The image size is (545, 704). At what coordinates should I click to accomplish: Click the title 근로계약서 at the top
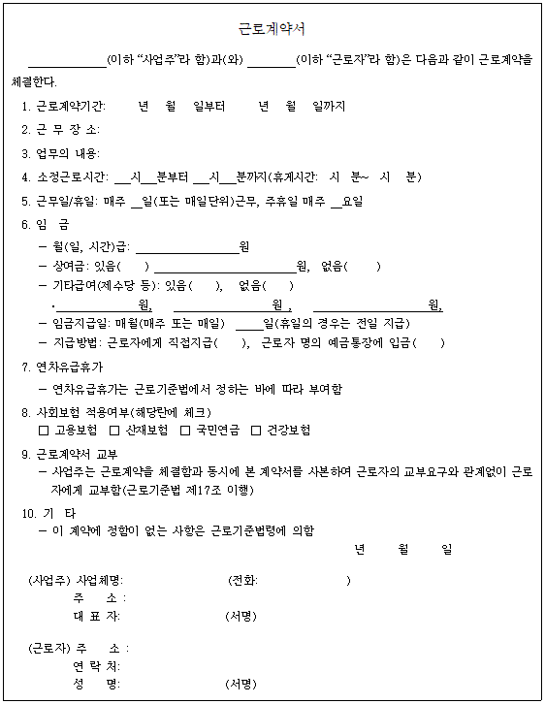coord(272,28)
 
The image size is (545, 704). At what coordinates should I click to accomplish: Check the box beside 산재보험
coord(114,430)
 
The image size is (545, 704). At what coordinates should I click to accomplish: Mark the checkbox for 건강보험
coord(256,430)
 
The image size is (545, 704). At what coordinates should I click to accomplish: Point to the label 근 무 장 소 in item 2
coord(67,129)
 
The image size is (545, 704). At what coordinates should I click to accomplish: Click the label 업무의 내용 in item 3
coord(67,153)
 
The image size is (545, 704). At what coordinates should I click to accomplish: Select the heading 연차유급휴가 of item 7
coord(69,367)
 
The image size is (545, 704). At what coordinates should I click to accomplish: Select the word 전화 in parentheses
coord(243,581)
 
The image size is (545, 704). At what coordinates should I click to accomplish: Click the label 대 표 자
coord(96,616)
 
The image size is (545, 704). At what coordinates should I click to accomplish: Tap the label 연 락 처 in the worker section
coord(96,666)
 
